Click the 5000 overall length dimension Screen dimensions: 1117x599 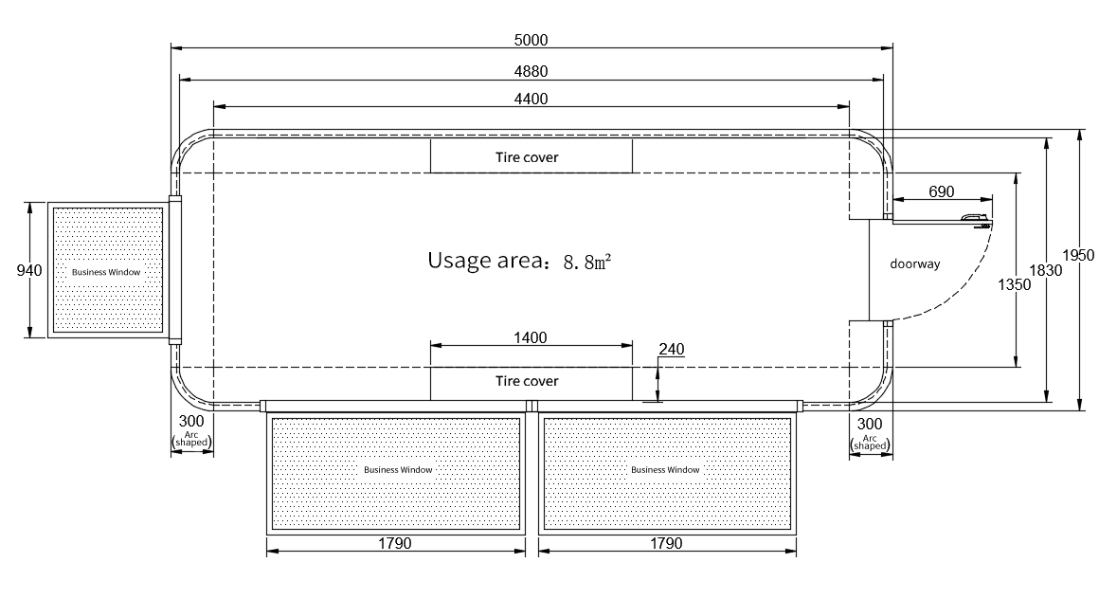(x=531, y=40)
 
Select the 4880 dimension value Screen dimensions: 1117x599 (x=531, y=71)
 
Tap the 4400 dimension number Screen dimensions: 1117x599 (x=531, y=99)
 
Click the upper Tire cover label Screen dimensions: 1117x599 (x=527, y=157)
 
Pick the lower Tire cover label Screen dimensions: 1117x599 (x=527, y=381)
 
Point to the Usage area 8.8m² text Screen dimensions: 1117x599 (x=519, y=261)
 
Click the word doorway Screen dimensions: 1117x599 (x=914, y=264)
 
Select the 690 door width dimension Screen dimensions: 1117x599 (x=941, y=191)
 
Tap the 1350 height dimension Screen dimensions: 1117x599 (x=1014, y=285)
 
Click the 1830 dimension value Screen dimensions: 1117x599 (x=1045, y=271)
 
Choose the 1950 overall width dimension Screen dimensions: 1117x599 (x=1078, y=255)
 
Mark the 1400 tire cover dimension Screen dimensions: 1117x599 (x=531, y=337)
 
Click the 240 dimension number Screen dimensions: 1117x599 (x=671, y=349)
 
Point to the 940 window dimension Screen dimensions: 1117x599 (x=29, y=271)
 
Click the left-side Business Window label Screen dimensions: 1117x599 (x=106, y=272)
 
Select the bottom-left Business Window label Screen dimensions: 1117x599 (x=398, y=470)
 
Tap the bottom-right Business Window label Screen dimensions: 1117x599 (x=665, y=470)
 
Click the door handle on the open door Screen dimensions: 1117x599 (x=975, y=220)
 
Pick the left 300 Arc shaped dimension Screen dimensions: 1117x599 (x=191, y=431)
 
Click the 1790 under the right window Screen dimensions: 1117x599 (x=666, y=543)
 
